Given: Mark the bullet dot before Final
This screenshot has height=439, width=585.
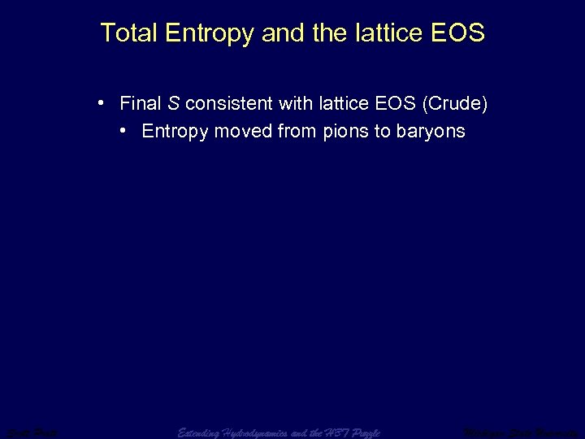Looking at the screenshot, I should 97,103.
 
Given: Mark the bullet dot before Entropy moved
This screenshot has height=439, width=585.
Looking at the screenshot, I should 121,131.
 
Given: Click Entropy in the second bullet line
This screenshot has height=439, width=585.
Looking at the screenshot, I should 175,132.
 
